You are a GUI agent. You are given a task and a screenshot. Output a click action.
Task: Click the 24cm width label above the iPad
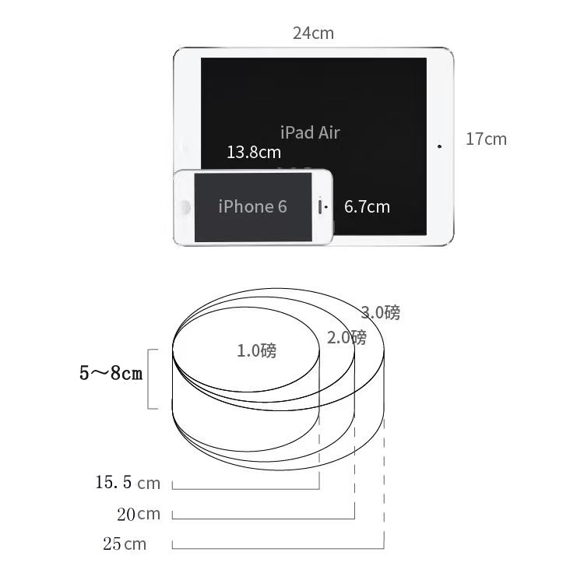(313, 33)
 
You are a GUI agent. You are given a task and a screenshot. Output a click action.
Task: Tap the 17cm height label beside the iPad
(486, 139)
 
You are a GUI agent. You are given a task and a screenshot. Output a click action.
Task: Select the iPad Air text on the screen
(310, 132)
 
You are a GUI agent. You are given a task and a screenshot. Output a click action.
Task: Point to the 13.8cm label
(254, 153)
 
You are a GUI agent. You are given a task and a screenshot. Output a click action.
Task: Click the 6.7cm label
(367, 206)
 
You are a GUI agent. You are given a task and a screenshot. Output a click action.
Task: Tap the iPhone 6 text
(252, 206)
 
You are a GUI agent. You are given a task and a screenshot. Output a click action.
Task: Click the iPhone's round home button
(184, 207)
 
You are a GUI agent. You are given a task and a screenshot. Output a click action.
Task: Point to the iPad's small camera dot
(439, 146)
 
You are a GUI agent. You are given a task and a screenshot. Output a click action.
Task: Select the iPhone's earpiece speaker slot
(319, 207)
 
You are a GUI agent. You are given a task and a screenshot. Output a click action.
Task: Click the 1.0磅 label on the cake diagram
(257, 350)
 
